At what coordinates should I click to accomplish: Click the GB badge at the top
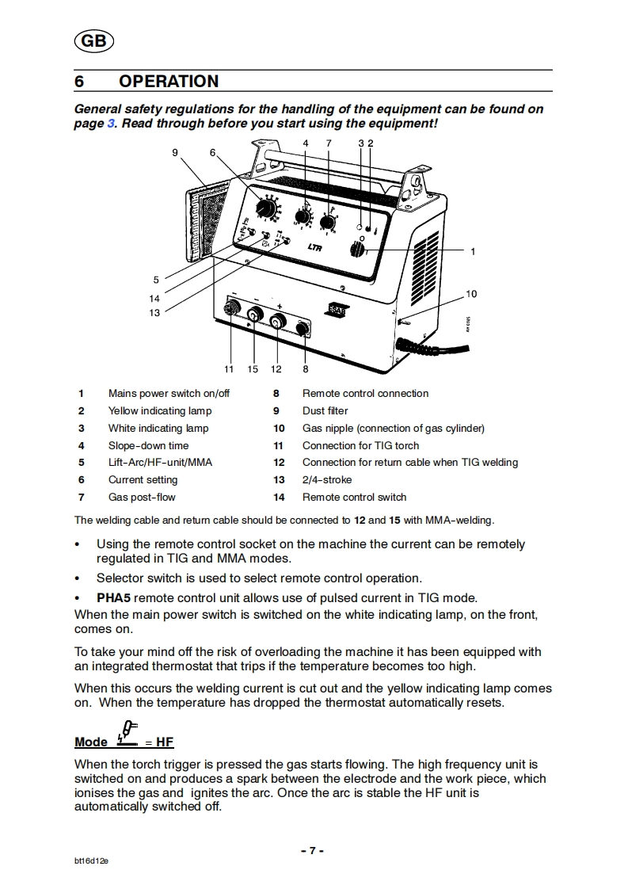click(93, 42)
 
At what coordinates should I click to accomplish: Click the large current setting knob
click(268, 208)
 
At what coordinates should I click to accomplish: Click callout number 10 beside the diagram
click(471, 294)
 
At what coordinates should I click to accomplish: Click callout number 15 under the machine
click(253, 368)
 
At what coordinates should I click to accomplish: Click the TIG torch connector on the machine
click(232, 310)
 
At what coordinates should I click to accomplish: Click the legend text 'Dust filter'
click(325, 410)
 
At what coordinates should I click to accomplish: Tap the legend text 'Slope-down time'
click(148, 445)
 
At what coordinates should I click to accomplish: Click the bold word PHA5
click(113, 597)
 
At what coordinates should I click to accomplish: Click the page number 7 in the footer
click(313, 850)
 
